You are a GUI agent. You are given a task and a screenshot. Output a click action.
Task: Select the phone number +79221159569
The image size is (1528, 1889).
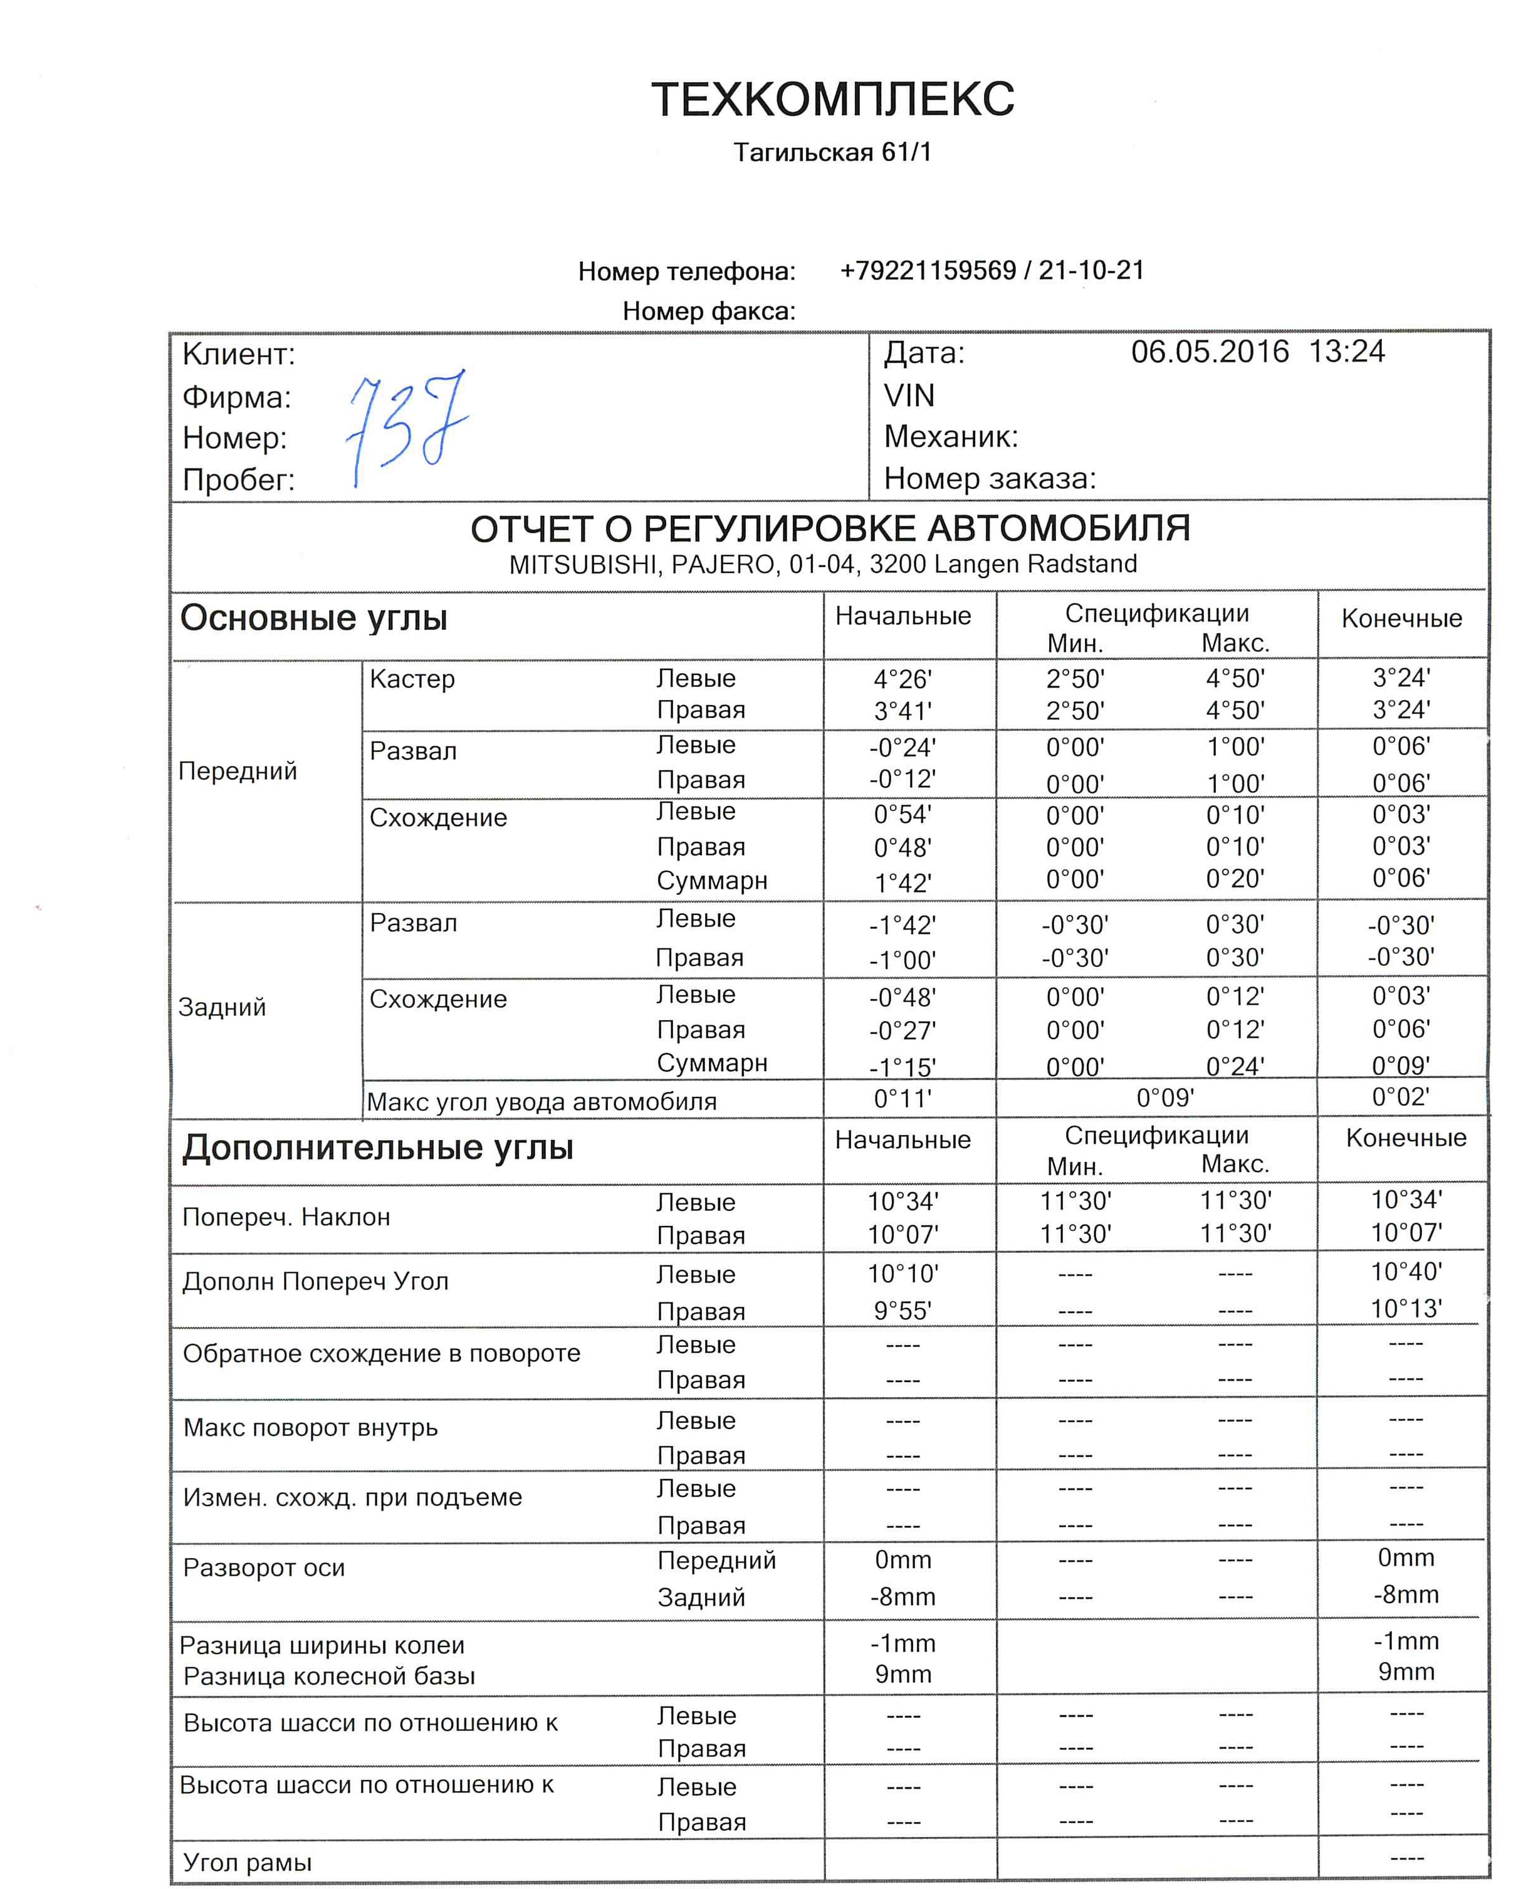928,270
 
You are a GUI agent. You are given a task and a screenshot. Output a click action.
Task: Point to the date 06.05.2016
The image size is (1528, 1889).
1210,352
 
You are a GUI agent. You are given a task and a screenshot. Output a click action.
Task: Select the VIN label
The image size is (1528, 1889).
909,396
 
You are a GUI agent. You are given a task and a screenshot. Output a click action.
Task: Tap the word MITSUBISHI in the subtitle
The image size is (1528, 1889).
585,564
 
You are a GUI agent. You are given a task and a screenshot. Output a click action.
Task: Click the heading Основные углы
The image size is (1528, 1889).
314,618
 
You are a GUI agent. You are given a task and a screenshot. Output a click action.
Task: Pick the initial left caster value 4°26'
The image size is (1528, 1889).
902,679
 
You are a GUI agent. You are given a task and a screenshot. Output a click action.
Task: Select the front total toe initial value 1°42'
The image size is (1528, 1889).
902,882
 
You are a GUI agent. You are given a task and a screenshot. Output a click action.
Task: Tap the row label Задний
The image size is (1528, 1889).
222,1007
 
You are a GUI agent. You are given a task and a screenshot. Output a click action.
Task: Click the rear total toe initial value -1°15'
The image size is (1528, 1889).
902,1067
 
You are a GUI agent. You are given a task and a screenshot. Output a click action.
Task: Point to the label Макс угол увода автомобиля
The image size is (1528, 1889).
542,1102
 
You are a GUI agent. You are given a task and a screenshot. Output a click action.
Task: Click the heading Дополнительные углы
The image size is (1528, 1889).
377,1148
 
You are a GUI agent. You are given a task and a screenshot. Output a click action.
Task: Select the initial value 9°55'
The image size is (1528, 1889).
902,1311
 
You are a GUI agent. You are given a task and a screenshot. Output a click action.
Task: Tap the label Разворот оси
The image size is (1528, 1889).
264,1567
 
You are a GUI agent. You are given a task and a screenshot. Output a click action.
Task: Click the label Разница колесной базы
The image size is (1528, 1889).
329,1676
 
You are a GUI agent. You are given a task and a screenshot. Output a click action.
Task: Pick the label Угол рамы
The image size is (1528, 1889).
248,1863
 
